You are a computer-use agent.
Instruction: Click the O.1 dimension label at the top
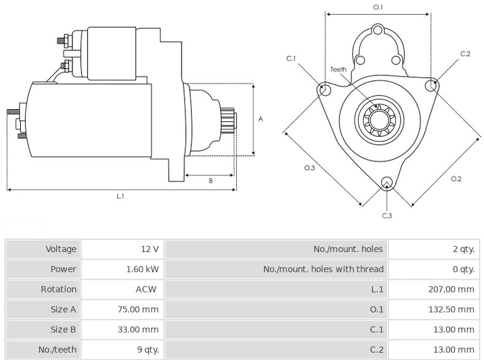click(x=378, y=7)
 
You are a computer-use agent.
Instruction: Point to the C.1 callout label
click(x=291, y=58)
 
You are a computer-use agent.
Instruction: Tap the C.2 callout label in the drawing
click(x=465, y=54)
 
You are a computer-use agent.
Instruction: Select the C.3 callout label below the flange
click(x=386, y=216)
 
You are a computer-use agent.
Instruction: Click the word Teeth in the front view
click(x=338, y=69)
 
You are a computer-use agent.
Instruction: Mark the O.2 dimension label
click(x=456, y=178)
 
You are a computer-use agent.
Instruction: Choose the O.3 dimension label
click(x=310, y=167)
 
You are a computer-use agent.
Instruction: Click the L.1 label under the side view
click(x=120, y=196)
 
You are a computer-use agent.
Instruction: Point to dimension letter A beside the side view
click(x=261, y=119)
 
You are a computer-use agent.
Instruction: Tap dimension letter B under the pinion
click(x=210, y=180)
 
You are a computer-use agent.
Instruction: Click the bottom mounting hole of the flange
click(x=386, y=183)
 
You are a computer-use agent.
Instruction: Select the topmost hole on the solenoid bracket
click(x=377, y=31)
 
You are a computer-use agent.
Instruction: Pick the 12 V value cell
click(x=150, y=249)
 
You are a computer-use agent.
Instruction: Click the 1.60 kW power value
click(x=142, y=269)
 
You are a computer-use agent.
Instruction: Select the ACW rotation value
click(x=146, y=289)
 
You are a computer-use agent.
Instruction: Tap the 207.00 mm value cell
click(x=451, y=289)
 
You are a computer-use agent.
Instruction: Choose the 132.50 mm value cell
click(x=451, y=309)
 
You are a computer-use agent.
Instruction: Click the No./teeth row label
click(x=58, y=350)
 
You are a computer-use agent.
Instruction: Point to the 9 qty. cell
click(x=148, y=350)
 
